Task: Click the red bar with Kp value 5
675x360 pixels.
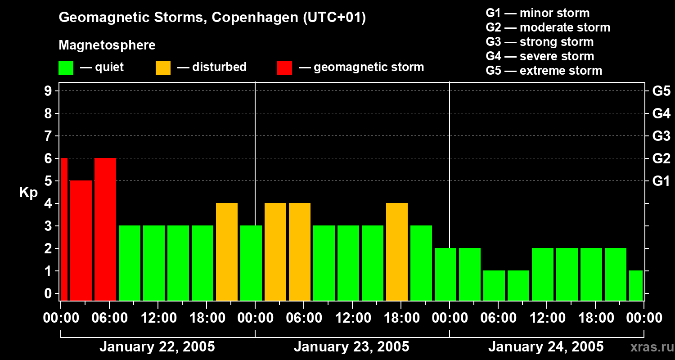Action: pyautogui.click(x=81, y=240)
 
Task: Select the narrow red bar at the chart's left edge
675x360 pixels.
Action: pyautogui.click(x=64, y=229)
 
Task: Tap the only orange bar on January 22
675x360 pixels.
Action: pyautogui.click(x=227, y=252)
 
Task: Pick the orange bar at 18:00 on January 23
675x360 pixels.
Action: pyautogui.click(x=397, y=252)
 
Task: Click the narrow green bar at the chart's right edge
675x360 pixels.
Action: pyautogui.click(x=636, y=285)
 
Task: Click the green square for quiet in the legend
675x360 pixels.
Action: pyautogui.click(x=66, y=68)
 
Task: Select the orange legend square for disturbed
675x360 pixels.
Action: pyautogui.click(x=163, y=68)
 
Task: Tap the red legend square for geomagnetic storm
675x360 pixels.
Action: pyautogui.click(x=284, y=68)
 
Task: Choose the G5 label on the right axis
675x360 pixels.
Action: pyautogui.click(x=661, y=91)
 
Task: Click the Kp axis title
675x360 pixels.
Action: pyautogui.click(x=28, y=193)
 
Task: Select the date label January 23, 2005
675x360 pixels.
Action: pyautogui.click(x=351, y=347)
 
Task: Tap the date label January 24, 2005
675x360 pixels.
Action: pyautogui.click(x=546, y=347)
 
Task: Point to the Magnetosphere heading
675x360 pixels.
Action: pyautogui.click(x=107, y=45)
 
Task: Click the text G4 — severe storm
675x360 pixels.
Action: pyautogui.click(x=540, y=56)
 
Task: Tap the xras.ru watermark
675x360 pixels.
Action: pyautogui.click(x=649, y=347)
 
